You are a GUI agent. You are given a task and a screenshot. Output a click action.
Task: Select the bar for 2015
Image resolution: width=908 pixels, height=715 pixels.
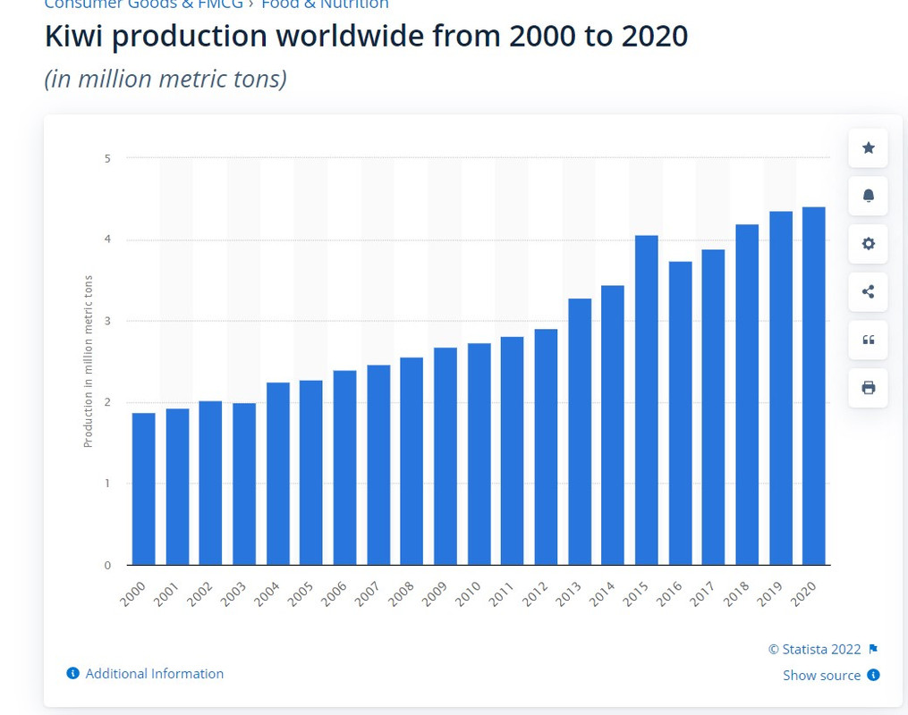[647, 400]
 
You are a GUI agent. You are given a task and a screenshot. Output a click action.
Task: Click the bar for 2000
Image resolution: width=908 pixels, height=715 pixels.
[143, 488]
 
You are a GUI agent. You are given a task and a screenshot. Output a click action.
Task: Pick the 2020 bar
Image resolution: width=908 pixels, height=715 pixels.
[813, 385]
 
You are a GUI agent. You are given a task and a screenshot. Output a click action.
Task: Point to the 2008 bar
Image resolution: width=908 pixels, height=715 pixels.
[412, 460]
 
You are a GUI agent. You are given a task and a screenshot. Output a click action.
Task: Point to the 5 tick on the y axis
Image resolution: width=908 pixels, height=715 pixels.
[106, 158]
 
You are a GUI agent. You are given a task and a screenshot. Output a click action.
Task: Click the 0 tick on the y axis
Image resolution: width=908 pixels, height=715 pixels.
[106, 565]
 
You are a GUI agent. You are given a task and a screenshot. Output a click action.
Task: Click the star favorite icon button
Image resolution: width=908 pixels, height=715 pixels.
[868, 147]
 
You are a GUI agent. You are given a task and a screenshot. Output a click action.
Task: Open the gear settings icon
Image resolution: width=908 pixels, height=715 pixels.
[868, 244]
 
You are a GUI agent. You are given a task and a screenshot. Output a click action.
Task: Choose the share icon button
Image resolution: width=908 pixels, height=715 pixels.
[868, 291]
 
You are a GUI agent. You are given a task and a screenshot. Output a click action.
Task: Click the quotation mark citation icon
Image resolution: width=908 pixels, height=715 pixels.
[868, 340]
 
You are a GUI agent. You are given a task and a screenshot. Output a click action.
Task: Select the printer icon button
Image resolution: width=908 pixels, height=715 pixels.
[868, 388]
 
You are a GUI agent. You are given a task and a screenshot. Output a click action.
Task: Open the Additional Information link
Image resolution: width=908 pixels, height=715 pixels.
[154, 674]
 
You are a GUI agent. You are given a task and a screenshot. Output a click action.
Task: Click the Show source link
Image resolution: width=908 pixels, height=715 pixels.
[821, 676]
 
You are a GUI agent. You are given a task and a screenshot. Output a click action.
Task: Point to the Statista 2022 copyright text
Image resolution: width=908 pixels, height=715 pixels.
[814, 650]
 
